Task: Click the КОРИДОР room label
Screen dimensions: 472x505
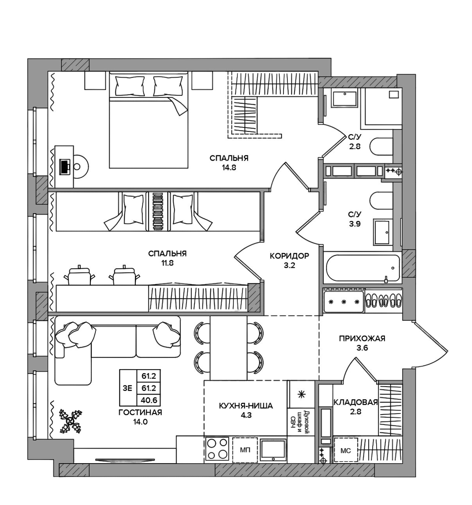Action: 289,256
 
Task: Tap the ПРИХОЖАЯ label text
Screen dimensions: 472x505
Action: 362,339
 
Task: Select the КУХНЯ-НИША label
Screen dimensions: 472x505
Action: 246,406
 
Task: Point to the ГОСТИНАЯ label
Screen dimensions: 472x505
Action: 140,412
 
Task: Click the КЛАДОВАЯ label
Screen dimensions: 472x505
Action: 355,402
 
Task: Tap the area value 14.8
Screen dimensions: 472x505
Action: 229,168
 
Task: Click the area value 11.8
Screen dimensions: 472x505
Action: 167,263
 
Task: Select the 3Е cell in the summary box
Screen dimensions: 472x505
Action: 128,388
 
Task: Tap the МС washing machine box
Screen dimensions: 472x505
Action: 346,450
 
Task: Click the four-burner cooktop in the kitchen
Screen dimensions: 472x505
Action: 217,449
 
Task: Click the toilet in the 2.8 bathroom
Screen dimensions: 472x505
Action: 381,147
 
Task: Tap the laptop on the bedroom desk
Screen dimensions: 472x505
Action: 65,167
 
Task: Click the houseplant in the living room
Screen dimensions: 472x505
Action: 71,423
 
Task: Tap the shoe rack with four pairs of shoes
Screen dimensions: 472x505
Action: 383,301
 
